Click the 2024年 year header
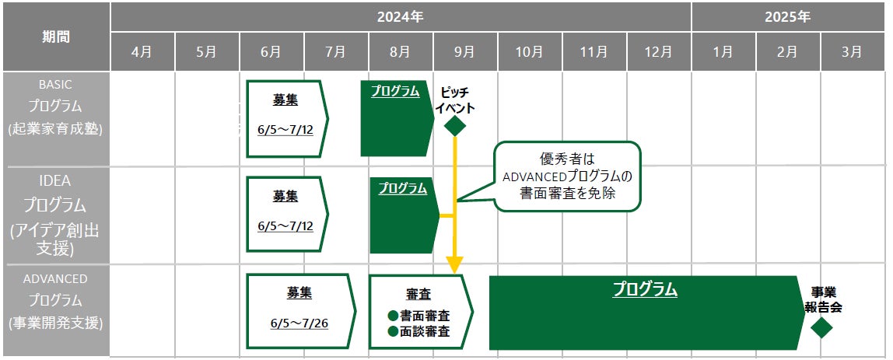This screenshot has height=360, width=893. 401,16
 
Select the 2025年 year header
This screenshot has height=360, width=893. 787,16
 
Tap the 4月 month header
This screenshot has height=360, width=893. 142,52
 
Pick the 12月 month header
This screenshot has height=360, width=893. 658,52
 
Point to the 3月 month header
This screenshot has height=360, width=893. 852,52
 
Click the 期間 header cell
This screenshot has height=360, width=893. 55,37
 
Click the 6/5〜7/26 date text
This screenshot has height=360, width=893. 299,323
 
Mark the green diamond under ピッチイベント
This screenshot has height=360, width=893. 454,124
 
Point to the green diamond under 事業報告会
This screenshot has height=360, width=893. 821,327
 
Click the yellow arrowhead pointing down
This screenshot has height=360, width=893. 455,265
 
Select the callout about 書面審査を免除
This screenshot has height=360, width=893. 567,177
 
